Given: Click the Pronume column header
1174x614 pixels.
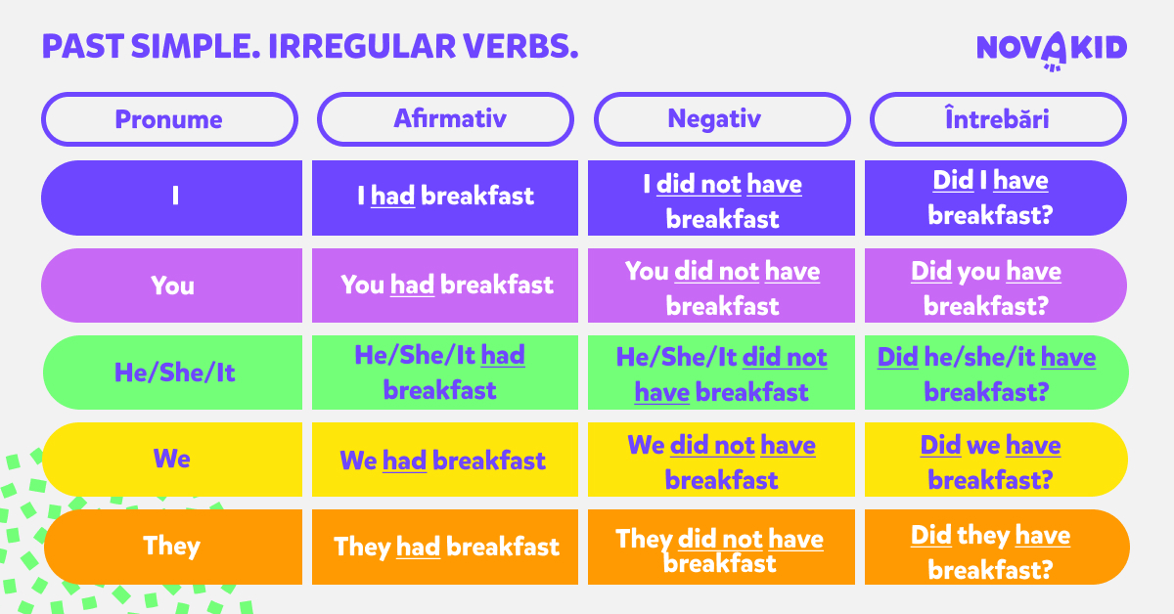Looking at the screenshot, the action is pos(170,119).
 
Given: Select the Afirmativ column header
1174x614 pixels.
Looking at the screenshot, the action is pos(445,119).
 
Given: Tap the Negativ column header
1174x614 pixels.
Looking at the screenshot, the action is pos(722,119).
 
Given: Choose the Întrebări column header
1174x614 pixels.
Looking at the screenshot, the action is pos(999,119).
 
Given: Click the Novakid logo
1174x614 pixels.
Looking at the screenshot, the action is pos(1052,50).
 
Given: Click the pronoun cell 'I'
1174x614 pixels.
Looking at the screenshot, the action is pos(172,198).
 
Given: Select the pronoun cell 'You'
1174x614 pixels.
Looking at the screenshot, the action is pos(172,285).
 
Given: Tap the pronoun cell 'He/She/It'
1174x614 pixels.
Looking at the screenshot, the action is pos(172,373).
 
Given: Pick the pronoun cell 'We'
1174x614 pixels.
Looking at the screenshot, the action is pos(172,460).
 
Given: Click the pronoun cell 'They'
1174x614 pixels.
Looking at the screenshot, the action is pos(172,547).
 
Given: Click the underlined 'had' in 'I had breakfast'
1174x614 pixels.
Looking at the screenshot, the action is pos(392,196).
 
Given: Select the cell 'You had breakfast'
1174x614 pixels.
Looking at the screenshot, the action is pos(445,285).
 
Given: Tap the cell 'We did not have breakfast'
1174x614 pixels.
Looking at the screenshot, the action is pos(721,460).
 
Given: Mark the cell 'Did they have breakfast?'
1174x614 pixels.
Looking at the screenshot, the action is pos(997,547).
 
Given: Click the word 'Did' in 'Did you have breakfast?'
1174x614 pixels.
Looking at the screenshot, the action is pos(931,272).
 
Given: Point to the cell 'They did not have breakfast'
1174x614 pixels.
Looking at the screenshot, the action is pos(721,547).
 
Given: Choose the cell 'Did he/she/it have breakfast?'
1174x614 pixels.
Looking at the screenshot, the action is pos(997,373).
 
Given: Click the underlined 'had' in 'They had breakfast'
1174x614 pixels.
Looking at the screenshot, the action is pos(418,547).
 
